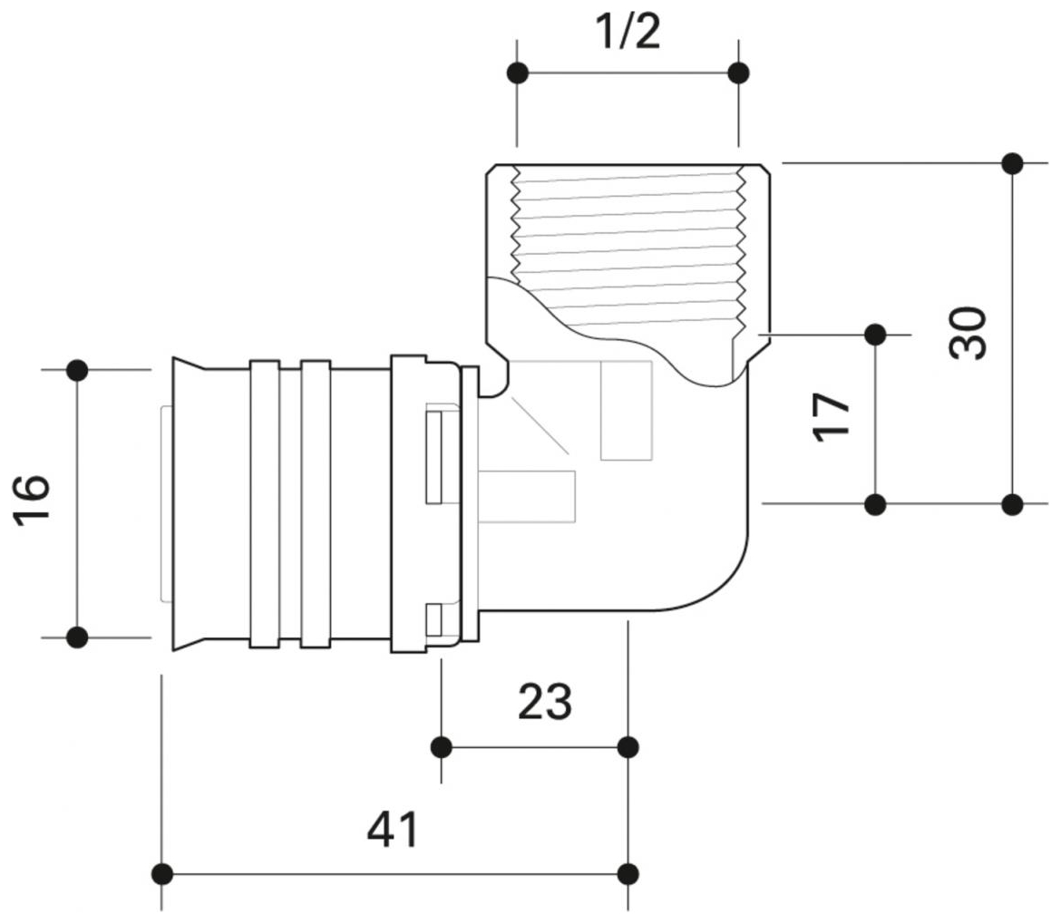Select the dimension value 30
point(969,334)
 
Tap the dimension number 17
point(832,416)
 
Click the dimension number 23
point(545,702)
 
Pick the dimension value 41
point(394,830)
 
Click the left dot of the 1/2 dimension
point(518,73)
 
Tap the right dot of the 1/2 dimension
point(739,73)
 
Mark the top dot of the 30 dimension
point(1013,164)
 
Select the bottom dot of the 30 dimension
point(1013,503)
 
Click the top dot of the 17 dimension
point(875,335)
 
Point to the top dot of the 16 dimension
point(77,370)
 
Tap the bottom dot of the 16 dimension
point(77,637)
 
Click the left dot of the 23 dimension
point(442,747)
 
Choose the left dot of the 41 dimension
point(162,874)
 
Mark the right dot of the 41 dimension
point(628,874)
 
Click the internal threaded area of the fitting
point(626,236)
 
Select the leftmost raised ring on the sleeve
point(264,504)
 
